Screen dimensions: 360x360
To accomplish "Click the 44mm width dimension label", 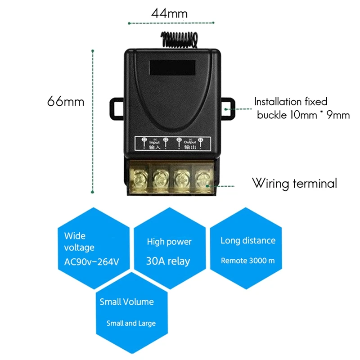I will pos(169,13).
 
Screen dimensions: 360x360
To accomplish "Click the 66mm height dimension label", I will pos(66,101).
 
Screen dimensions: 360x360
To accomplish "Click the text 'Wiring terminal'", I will pos(294,184).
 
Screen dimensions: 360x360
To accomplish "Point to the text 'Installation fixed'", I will pos(291,102).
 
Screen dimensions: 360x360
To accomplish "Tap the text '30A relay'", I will pos(168,261).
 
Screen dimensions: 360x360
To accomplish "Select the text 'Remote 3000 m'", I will pos(247,261).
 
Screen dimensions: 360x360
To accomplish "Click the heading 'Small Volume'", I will pos(126,302).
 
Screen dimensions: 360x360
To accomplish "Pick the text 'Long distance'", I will pos(247,241).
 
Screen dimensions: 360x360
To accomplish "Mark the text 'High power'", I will pos(169,242).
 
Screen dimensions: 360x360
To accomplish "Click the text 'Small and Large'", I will pos(131,323).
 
